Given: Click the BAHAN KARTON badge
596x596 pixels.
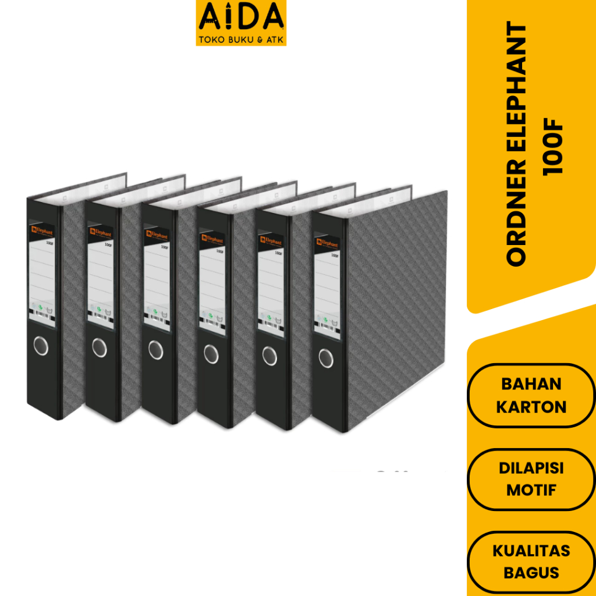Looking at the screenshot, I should point(531,395).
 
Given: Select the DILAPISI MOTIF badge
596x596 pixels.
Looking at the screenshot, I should point(531,479).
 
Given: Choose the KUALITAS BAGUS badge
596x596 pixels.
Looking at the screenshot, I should point(531,562).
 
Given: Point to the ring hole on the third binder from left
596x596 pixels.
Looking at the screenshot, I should point(155,350).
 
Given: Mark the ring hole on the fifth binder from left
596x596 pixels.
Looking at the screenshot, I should point(269,355).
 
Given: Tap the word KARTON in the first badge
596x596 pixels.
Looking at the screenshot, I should point(531,406).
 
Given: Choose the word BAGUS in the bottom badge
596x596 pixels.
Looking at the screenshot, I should point(531,573).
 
